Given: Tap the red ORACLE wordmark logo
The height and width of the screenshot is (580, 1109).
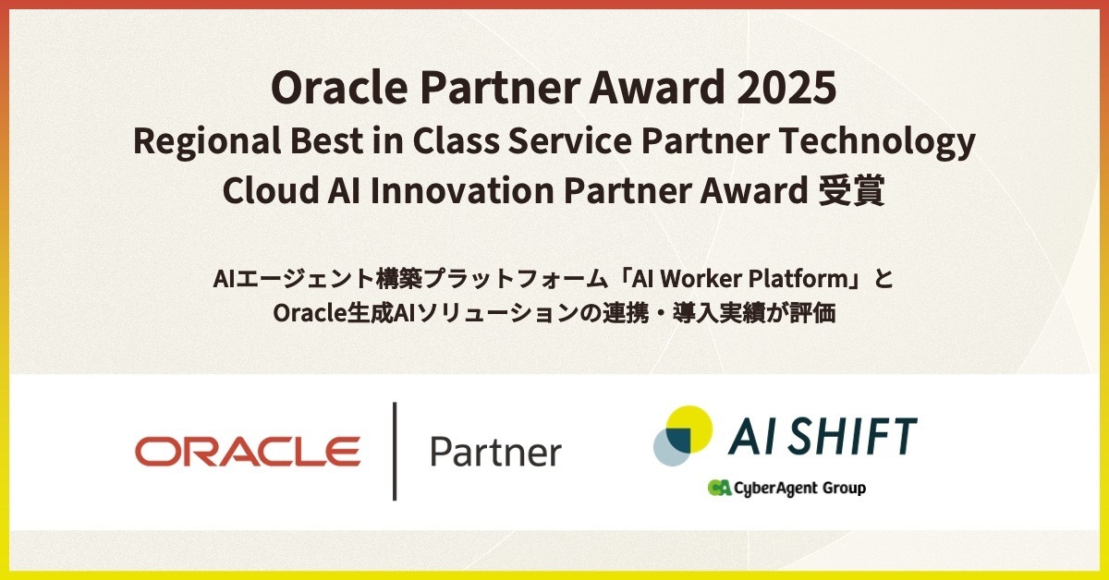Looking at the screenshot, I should pos(248,452).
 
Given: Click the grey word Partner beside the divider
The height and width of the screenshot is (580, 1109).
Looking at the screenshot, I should pos(495,453).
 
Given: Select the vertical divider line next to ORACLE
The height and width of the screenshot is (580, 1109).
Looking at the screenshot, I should pos(395,451).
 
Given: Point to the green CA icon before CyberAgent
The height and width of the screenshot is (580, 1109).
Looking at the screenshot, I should pos(720,488).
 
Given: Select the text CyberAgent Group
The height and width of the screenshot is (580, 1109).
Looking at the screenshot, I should pos(800,488).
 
